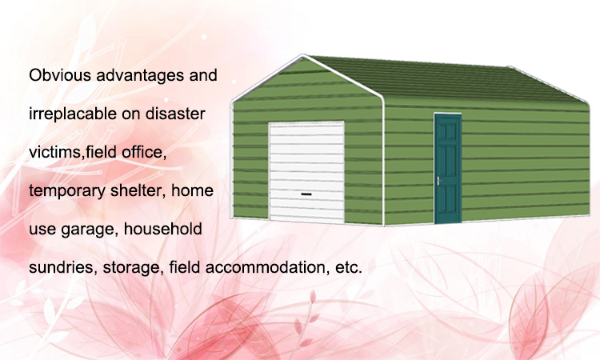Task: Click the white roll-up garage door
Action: tap(306, 171)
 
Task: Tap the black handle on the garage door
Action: tap(306, 194)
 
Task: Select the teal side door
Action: tap(448, 168)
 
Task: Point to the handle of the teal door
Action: tap(438, 181)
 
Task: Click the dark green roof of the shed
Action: tap(448, 79)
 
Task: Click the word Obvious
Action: tap(60, 75)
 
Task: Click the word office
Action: tap(144, 152)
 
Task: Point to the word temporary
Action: tap(67, 191)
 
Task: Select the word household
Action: tap(162, 229)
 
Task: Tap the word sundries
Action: tap(62, 267)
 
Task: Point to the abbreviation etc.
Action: tap(349, 268)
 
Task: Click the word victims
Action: tap(55, 152)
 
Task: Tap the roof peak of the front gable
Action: tap(303, 55)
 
